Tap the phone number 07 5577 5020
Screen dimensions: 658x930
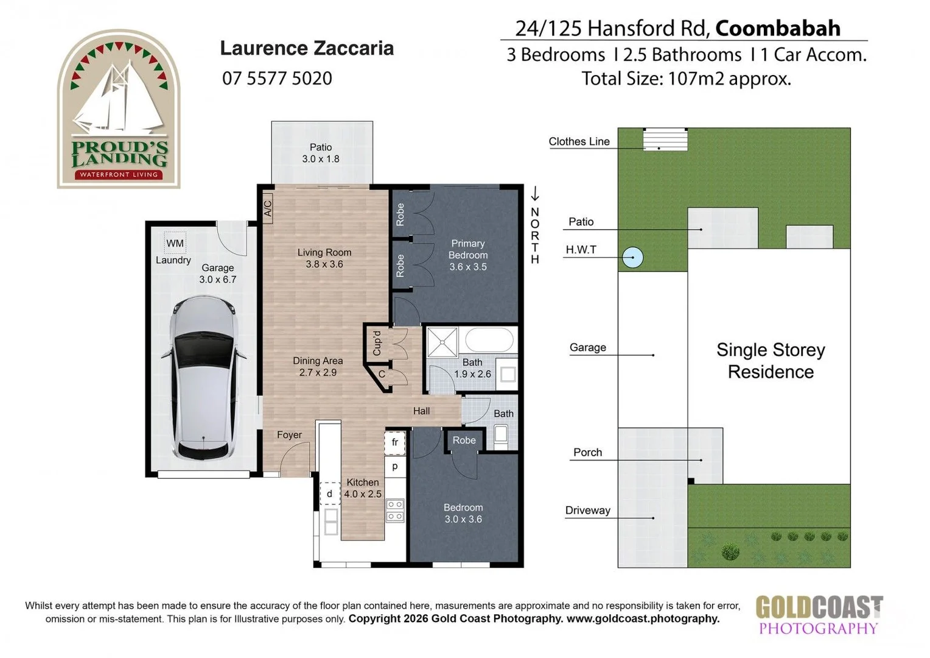pos(277,79)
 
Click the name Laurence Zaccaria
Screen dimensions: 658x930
pos(306,48)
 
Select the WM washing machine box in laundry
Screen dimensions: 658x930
pos(175,243)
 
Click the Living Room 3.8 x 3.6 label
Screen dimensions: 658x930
pos(324,258)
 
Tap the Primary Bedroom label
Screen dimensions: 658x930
pos(467,255)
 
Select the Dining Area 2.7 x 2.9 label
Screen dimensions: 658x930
pos(317,367)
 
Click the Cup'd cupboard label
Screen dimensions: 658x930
pos(377,343)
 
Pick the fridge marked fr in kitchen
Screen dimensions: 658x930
pos(395,442)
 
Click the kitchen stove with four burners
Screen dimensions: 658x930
pos(395,511)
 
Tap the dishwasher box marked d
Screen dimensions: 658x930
pos(329,493)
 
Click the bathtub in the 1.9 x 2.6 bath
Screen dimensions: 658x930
pos(489,340)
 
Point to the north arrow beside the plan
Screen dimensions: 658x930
pos(534,194)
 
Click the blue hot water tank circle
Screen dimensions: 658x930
pos(633,257)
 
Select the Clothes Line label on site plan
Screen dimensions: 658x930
pos(579,141)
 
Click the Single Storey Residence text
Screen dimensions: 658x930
pos(771,361)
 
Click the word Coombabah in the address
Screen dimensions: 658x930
pos(778,28)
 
